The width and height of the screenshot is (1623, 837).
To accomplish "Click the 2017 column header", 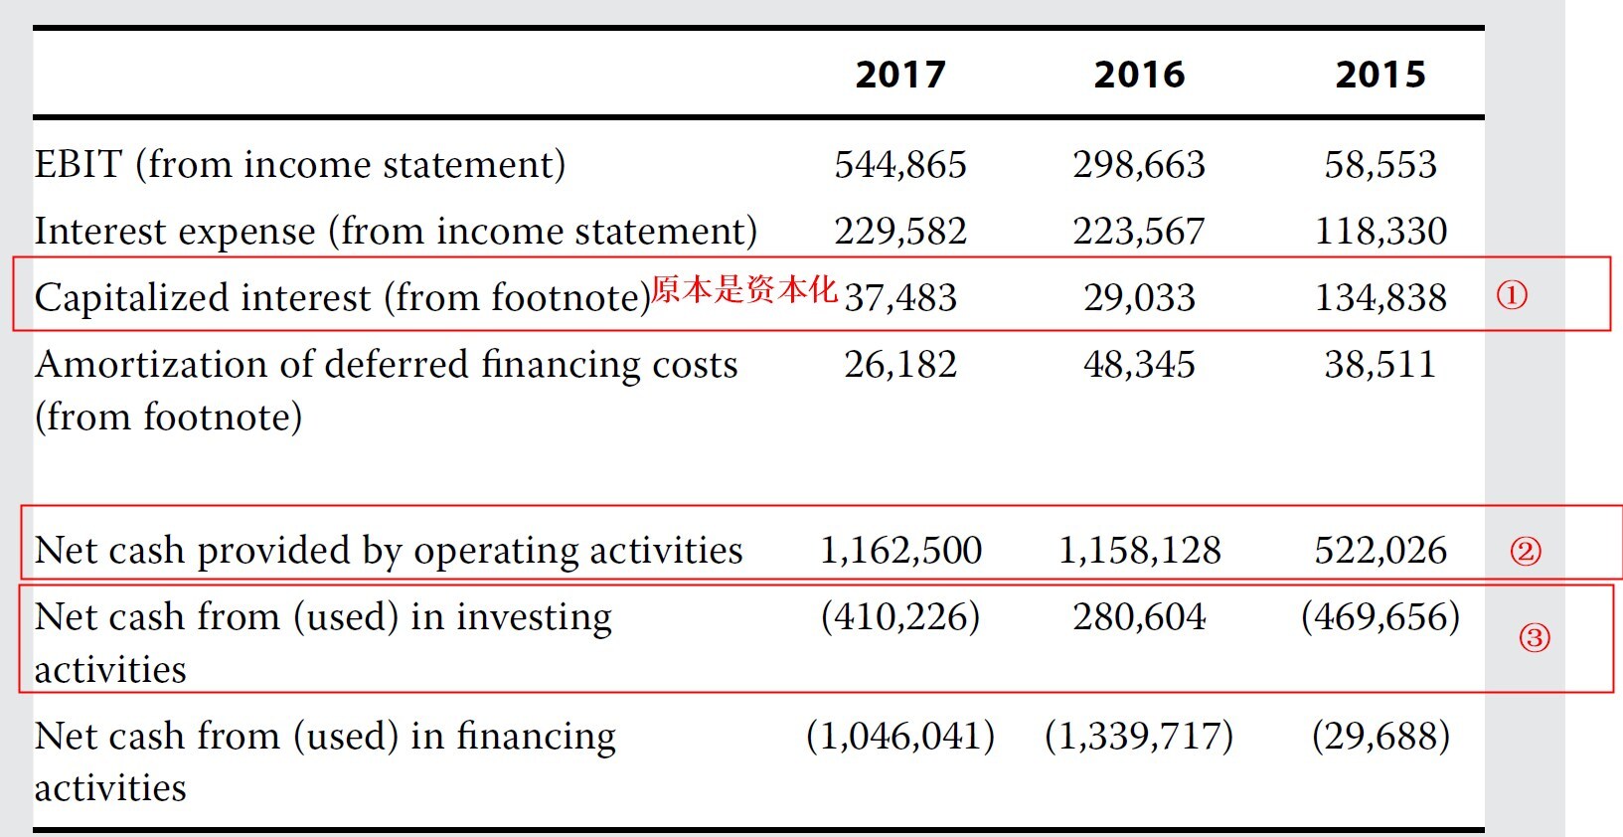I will coord(900,75).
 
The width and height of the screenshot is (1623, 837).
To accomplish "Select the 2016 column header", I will coord(1139,75).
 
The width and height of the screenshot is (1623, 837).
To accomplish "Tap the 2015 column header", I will coord(1380,75).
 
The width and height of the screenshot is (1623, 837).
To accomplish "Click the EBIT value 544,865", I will coord(900,165).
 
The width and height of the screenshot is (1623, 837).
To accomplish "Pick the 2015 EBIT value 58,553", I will coord(1380,165).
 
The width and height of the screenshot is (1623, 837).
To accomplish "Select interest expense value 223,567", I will coord(1139,232).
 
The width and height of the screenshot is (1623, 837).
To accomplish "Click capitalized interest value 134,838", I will coord(1380,297).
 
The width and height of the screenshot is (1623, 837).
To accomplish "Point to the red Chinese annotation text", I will coord(744,289).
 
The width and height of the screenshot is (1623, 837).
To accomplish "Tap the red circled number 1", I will coord(1512,294).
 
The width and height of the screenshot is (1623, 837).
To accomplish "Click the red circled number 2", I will coord(1526,551).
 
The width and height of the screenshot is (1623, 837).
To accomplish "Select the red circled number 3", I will coord(1535,637).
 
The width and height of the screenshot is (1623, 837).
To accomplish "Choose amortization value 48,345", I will coord(1139,365).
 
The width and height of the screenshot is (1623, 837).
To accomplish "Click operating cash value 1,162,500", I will coord(900,551).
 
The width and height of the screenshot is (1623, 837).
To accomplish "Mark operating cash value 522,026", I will coord(1380,551).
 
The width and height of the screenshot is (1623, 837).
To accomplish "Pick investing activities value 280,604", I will coord(1139,617).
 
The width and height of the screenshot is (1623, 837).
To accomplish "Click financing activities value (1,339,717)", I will coord(1139,737).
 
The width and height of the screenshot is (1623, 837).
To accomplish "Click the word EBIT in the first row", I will coord(79,165).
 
